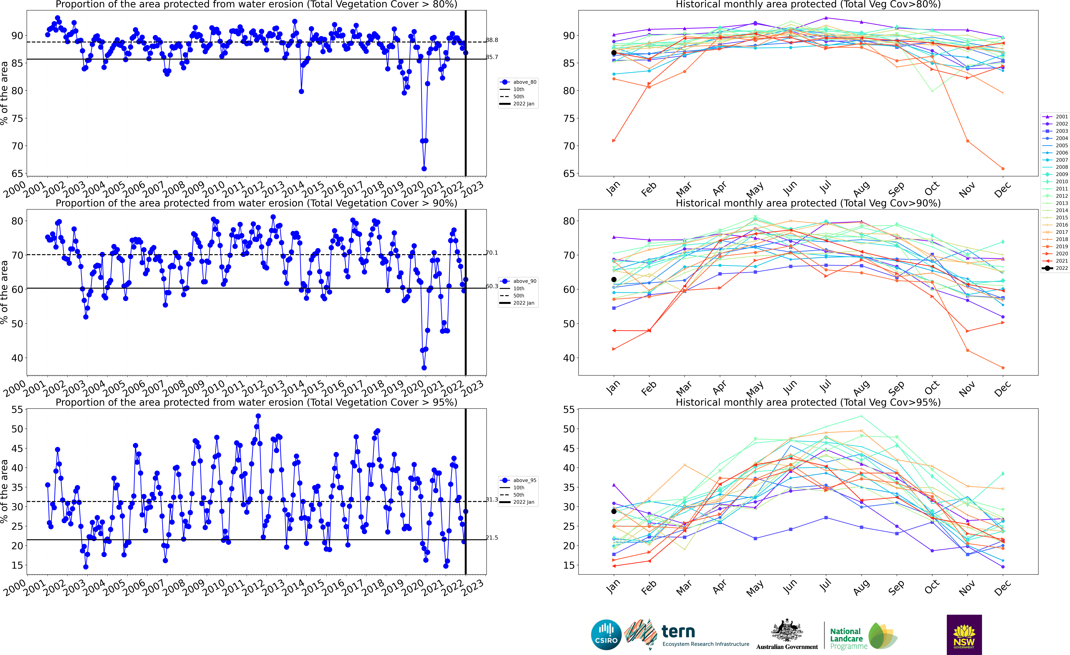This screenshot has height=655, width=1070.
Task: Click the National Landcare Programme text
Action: [846, 638]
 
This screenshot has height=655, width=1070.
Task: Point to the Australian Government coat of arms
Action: [787, 631]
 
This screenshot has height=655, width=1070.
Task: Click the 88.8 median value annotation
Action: [492, 40]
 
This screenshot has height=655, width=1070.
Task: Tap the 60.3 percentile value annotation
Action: [492, 286]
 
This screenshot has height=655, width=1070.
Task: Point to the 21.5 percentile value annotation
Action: [492, 538]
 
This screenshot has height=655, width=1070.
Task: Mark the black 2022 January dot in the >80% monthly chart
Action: [614, 53]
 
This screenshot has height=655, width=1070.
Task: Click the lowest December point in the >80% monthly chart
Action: [1003, 169]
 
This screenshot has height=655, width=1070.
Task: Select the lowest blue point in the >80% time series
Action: [424, 169]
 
